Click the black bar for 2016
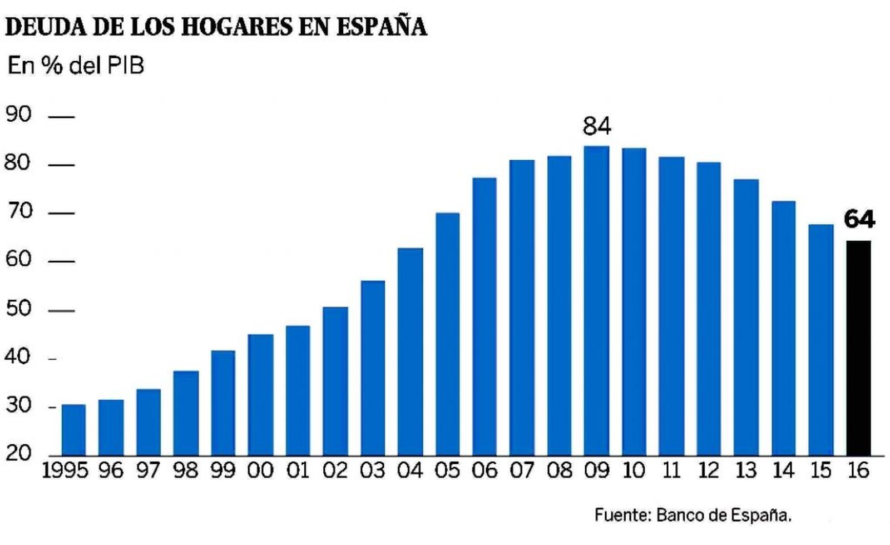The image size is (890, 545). click(x=858, y=348)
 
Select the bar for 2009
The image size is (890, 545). click(x=596, y=300)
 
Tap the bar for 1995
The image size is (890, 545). click(x=73, y=429)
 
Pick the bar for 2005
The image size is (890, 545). click(x=447, y=334)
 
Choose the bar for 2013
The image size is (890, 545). click(x=746, y=317)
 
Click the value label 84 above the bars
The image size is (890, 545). click(x=596, y=126)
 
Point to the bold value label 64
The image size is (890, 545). click(x=859, y=219)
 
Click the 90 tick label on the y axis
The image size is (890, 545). click(x=18, y=115)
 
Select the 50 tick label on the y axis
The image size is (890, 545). click(x=18, y=309)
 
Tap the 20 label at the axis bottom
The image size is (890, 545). click(x=18, y=453)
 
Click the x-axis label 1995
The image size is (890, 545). click(x=65, y=471)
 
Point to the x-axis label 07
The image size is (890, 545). click(x=521, y=471)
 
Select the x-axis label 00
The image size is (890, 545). click(x=260, y=471)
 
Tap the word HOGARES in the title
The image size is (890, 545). click(x=236, y=27)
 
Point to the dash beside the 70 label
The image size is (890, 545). click(x=61, y=213)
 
